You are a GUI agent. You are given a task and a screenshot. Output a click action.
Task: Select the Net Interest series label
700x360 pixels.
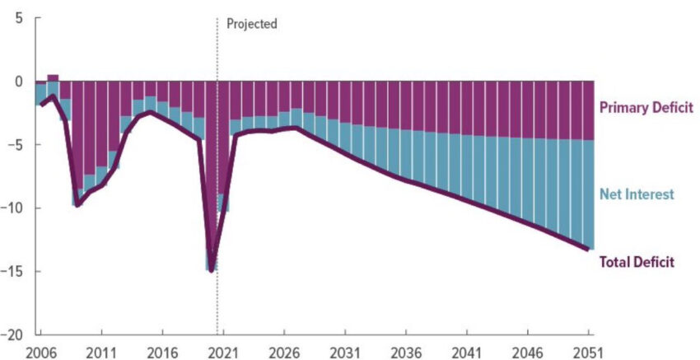637,194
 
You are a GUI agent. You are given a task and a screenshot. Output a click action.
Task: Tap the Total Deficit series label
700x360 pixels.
637,262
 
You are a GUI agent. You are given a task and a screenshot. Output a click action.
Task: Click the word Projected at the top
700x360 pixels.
251,24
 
